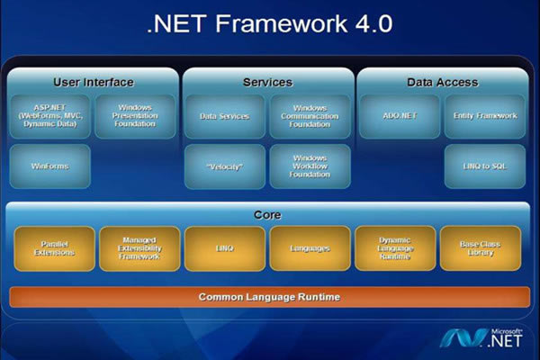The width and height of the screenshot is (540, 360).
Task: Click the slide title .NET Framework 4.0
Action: pyautogui.click(x=269, y=23)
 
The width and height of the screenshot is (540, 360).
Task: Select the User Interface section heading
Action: pyautogui.click(x=93, y=82)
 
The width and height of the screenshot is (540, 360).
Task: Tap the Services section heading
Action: pyautogui.click(x=267, y=82)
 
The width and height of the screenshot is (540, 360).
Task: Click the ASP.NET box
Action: pyautogui.click(x=49, y=116)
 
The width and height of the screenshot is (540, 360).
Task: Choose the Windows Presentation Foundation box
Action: pyautogui.click(x=135, y=116)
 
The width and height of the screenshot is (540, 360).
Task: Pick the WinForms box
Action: pyautogui.click(x=49, y=166)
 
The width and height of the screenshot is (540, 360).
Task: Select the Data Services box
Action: pyautogui.click(x=224, y=116)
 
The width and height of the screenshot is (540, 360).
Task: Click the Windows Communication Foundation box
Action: pyautogui.click(x=310, y=116)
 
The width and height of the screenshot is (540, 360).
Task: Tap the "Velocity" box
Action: pyautogui.click(x=224, y=166)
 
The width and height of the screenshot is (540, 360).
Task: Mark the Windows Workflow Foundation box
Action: pyautogui.click(x=310, y=166)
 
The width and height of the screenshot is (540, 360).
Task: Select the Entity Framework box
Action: pyautogui.click(x=484, y=116)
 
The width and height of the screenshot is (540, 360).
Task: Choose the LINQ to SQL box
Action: pyautogui.click(x=484, y=166)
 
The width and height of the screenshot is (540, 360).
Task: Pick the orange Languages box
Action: pyautogui.click(x=310, y=248)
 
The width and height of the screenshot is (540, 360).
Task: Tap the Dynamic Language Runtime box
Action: pyautogui.click(x=395, y=248)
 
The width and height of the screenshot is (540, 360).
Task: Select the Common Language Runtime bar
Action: pyautogui.click(x=269, y=296)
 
